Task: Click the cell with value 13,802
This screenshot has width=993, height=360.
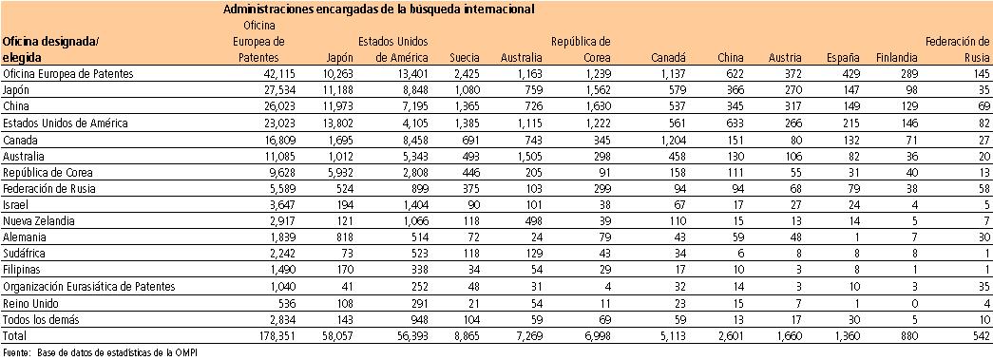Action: (334, 123)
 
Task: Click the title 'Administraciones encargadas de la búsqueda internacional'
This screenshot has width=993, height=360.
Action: (377, 9)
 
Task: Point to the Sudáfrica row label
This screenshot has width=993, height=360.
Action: (26, 254)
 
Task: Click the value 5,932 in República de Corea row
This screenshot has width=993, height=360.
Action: (336, 172)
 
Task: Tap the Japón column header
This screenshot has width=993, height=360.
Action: (338, 58)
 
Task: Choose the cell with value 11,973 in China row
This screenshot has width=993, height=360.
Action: (334, 106)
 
